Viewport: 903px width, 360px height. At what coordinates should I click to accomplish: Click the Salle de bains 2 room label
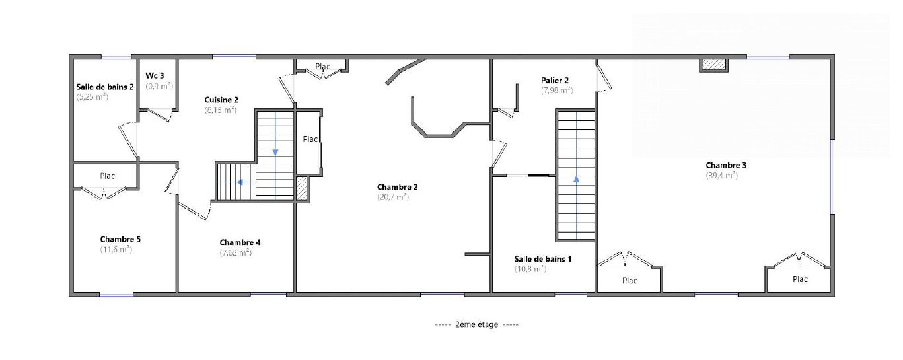105,87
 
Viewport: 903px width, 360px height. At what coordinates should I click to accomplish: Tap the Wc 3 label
155,76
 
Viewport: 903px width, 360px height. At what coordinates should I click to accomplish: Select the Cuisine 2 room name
221,100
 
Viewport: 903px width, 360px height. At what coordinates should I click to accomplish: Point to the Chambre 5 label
120,240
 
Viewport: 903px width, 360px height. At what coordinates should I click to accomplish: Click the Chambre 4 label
240,242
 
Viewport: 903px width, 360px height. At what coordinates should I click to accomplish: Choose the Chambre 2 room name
398,187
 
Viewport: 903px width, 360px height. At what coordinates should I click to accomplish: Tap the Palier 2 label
555,81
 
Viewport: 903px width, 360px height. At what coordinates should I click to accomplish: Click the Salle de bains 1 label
543,259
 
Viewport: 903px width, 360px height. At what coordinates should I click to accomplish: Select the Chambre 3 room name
726,165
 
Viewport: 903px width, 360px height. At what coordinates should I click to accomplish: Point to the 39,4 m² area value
722,175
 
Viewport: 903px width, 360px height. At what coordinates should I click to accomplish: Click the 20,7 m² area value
393,197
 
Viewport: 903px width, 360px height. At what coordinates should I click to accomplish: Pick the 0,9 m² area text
159,86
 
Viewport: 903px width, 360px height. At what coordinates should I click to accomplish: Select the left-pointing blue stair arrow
240,182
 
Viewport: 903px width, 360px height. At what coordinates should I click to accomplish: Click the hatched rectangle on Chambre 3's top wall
713,64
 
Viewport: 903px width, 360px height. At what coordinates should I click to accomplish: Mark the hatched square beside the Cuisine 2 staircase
301,188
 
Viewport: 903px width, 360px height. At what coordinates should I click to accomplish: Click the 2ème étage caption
476,324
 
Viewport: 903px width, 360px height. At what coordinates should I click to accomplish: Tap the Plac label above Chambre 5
108,176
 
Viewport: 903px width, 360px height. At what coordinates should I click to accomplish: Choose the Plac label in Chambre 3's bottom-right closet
800,279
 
